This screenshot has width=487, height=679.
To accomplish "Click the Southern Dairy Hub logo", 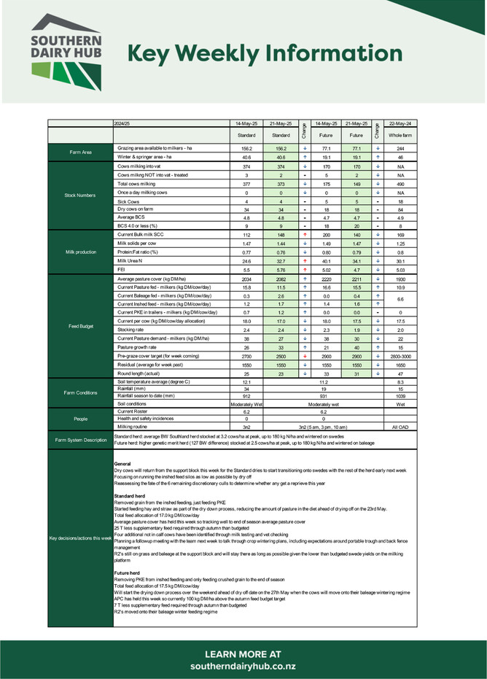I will [66, 52].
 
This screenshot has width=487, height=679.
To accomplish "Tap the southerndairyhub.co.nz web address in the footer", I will [243, 667].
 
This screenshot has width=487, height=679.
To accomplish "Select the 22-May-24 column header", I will [400, 124].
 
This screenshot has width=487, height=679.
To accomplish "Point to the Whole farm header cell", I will [400, 135].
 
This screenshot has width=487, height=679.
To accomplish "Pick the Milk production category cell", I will [81, 252].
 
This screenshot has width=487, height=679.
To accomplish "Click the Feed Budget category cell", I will [81, 326].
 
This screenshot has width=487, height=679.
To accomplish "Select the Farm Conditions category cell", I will [81, 392].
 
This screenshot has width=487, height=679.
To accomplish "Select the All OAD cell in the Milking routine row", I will [400, 427].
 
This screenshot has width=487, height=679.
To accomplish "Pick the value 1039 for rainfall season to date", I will [400, 395].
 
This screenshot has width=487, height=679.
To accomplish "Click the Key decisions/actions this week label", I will [81, 538].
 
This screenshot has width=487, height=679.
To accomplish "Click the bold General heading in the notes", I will [122, 465].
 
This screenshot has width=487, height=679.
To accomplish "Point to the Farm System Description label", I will [81, 440].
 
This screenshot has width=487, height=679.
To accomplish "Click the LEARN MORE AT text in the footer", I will [243, 654].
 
